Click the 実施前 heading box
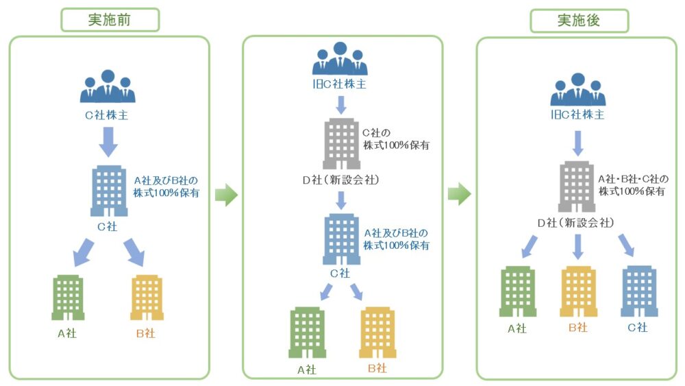pyautogui.click(x=110, y=20)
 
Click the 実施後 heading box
pyautogui.click(x=580, y=21)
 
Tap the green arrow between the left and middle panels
pyautogui.click(x=226, y=195)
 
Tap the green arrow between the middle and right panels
pyautogui.click(x=460, y=193)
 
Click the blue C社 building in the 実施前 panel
pyautogui.click(x=109, y=191)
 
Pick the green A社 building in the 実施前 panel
pyautogui.click(x=68, y=298)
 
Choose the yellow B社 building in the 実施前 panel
pyautogui.click(x=147, y=298)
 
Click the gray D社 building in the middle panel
pyautogui.click(x=342, y=144)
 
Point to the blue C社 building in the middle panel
pyautogui.click(x=342, y=239)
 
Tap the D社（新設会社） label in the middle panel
pyautogui.click(x=340, y=180)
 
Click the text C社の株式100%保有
pyautogui.click(x=396, y=139)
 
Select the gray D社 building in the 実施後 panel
pyautogui.click(x=577, y=186)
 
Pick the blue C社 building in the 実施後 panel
pyautogui.click(x=639, y=291)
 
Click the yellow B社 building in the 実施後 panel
pyautogui.click(x=578, y=291)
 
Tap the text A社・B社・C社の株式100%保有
pyautogui.click(x=633, y=185)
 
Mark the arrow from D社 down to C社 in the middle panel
pyautogui.click(x=341, y=200)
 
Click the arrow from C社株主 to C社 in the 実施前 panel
pyautogui.click(x=108, y=142)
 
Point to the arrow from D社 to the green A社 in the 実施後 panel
pyautogui.click(x=530, y=247)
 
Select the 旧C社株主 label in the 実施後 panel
pyautogui.click(x=577, y=114)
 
